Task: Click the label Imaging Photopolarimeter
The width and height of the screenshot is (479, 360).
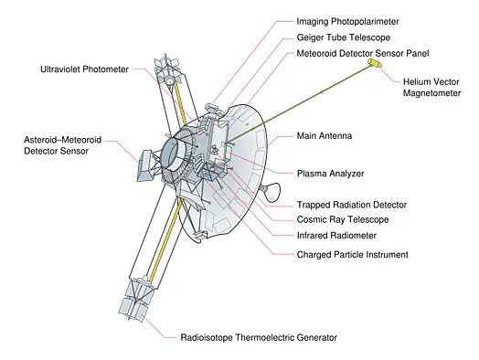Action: pos(347,22)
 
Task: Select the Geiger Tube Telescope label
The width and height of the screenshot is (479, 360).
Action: pos(344,37)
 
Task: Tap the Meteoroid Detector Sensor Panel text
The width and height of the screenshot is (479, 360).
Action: pos(363,53)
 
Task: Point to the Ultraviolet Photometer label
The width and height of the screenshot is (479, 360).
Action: pos(84,69)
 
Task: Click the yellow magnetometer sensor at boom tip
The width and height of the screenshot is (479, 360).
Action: pos(375,63)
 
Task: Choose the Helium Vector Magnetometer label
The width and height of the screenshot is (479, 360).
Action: pos(431,88)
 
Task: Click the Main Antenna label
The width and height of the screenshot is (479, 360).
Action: pos(325,135)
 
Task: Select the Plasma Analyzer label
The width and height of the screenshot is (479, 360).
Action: pos(330,174)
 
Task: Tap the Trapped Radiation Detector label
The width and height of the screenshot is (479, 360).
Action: pos(352,205)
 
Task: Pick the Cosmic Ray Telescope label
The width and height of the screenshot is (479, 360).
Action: pos(343,219)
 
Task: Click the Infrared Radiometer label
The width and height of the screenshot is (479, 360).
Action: pos(336,236)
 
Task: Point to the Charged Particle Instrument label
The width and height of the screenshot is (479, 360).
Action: pos(352,254)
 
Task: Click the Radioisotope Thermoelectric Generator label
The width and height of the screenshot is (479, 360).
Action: pos(259,337)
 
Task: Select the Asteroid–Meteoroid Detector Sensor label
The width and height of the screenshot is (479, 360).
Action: pos(63,145)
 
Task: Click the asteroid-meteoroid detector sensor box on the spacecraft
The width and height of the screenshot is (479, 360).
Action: pos(146,165)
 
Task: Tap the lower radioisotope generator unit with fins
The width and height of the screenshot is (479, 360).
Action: pos(136,299)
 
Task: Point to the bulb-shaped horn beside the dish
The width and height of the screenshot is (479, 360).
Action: pos(271,192)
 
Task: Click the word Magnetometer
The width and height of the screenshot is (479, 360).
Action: pos(431,93)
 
